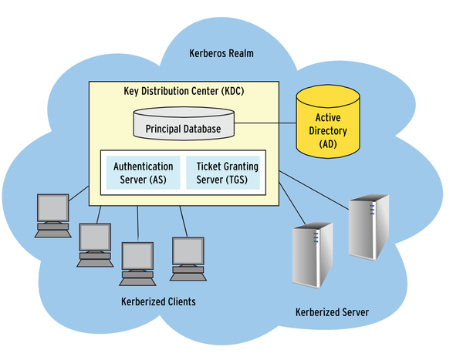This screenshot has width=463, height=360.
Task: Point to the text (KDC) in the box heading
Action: point(231,91)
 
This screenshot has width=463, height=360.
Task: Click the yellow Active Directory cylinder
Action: point(329,123)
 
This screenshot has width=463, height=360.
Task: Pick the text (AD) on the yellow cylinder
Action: point(329,144)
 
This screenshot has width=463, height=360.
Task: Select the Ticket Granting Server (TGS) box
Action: point(223,173)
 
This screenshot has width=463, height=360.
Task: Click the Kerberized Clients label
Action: point(158,301)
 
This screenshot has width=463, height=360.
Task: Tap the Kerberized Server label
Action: point(332,312)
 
